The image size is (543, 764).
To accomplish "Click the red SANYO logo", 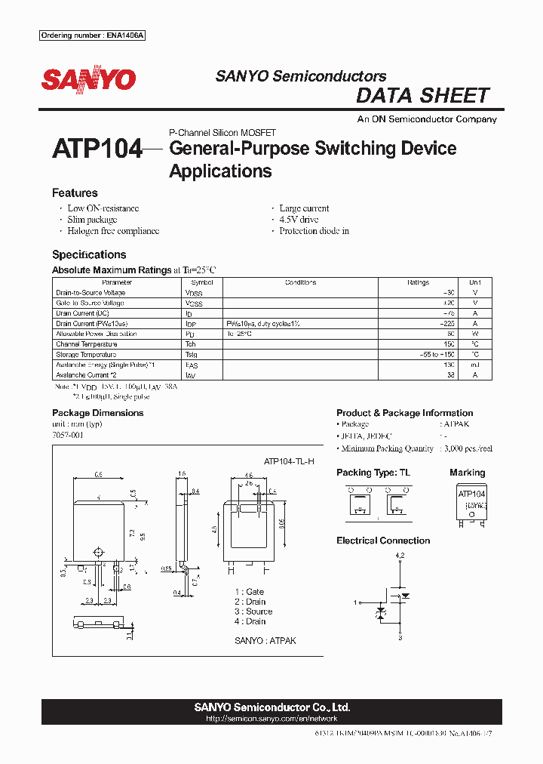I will (88, 79).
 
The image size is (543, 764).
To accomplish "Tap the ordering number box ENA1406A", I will (91, 35).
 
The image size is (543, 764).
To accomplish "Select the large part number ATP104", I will (97, 149).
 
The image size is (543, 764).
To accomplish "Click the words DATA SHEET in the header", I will (422, 96).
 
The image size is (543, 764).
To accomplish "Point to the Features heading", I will (75, 193).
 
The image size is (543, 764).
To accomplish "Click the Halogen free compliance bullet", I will (113, 231).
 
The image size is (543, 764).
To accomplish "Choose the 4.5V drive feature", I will (299, 220).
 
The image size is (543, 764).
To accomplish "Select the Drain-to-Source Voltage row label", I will (90, 293).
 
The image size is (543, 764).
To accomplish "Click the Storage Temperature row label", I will (86, 355).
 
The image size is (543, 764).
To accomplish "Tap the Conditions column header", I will (300, 282).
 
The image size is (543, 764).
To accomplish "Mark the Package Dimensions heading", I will (97, 413).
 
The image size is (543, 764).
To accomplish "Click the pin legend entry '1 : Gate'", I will (249, 592).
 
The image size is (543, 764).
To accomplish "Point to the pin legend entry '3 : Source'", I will (253, 612).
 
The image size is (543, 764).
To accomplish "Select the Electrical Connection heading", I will (383, 541).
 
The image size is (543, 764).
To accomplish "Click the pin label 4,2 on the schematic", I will (400, 556).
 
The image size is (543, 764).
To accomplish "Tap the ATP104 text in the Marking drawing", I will (472, 493).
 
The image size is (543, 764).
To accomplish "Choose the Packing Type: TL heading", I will (374, 473).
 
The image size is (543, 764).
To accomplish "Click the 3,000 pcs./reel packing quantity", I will (468, 448).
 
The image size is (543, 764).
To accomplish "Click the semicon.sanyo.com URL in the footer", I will (271, 719).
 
